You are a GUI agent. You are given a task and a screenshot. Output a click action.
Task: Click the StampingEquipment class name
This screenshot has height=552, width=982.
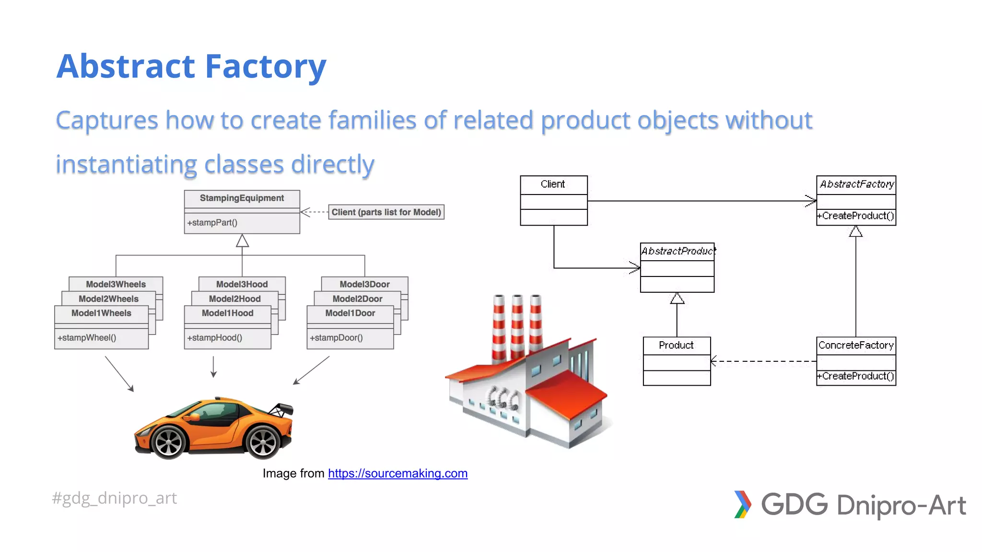[242, 198]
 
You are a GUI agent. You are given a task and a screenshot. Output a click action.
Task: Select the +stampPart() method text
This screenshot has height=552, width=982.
[212, 222]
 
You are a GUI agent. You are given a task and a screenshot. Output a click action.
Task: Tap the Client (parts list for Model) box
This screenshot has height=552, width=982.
[386, 212]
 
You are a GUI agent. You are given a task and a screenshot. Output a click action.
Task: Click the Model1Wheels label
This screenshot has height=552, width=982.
[101, 313]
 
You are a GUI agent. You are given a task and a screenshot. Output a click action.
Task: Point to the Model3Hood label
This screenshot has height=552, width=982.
[242, 284]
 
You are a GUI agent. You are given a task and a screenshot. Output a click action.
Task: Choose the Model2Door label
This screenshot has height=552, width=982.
[357, 299]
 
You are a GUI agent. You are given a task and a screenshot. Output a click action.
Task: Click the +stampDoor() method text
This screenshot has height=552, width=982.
[336, 337]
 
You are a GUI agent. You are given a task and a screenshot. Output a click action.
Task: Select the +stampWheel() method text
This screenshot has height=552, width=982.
[87, 337]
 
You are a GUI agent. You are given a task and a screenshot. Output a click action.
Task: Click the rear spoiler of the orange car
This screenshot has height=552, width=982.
[282, 409]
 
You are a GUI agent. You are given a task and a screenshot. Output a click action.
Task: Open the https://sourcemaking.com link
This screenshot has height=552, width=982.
[397, 473]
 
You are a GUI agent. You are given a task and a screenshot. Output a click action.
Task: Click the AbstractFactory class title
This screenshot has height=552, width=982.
[856, 184]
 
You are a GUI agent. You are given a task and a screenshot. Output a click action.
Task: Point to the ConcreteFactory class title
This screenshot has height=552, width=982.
[856, 345]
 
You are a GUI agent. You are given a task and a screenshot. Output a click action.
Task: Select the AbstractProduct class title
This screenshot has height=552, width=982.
[677, 251]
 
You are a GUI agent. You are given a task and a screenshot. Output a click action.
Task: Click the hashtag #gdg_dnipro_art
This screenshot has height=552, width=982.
[114, 498]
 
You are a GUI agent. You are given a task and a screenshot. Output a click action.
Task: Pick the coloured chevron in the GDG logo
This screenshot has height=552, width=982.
[742, 504]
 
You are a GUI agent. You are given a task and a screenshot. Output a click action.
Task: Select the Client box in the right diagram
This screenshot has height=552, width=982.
[553, 200]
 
